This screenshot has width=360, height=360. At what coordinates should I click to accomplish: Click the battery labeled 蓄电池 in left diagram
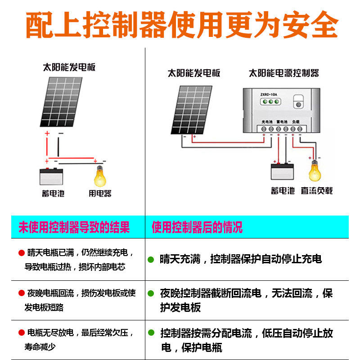click(51, 177)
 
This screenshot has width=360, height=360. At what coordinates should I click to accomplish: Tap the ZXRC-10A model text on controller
click(268, 94)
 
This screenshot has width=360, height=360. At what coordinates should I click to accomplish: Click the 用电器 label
click(100, 193)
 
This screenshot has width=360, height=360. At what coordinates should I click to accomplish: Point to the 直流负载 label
click(317, 191)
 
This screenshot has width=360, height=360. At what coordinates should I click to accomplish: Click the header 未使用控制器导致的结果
click(74, 227)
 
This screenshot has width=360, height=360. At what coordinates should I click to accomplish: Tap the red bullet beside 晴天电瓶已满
click(21, 253)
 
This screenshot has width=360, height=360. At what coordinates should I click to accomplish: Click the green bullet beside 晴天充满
click(151, 260)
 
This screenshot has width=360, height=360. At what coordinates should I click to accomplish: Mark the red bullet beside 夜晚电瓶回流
click(21, 293)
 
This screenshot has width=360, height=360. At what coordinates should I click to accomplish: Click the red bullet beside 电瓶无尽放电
click(21, 333)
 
